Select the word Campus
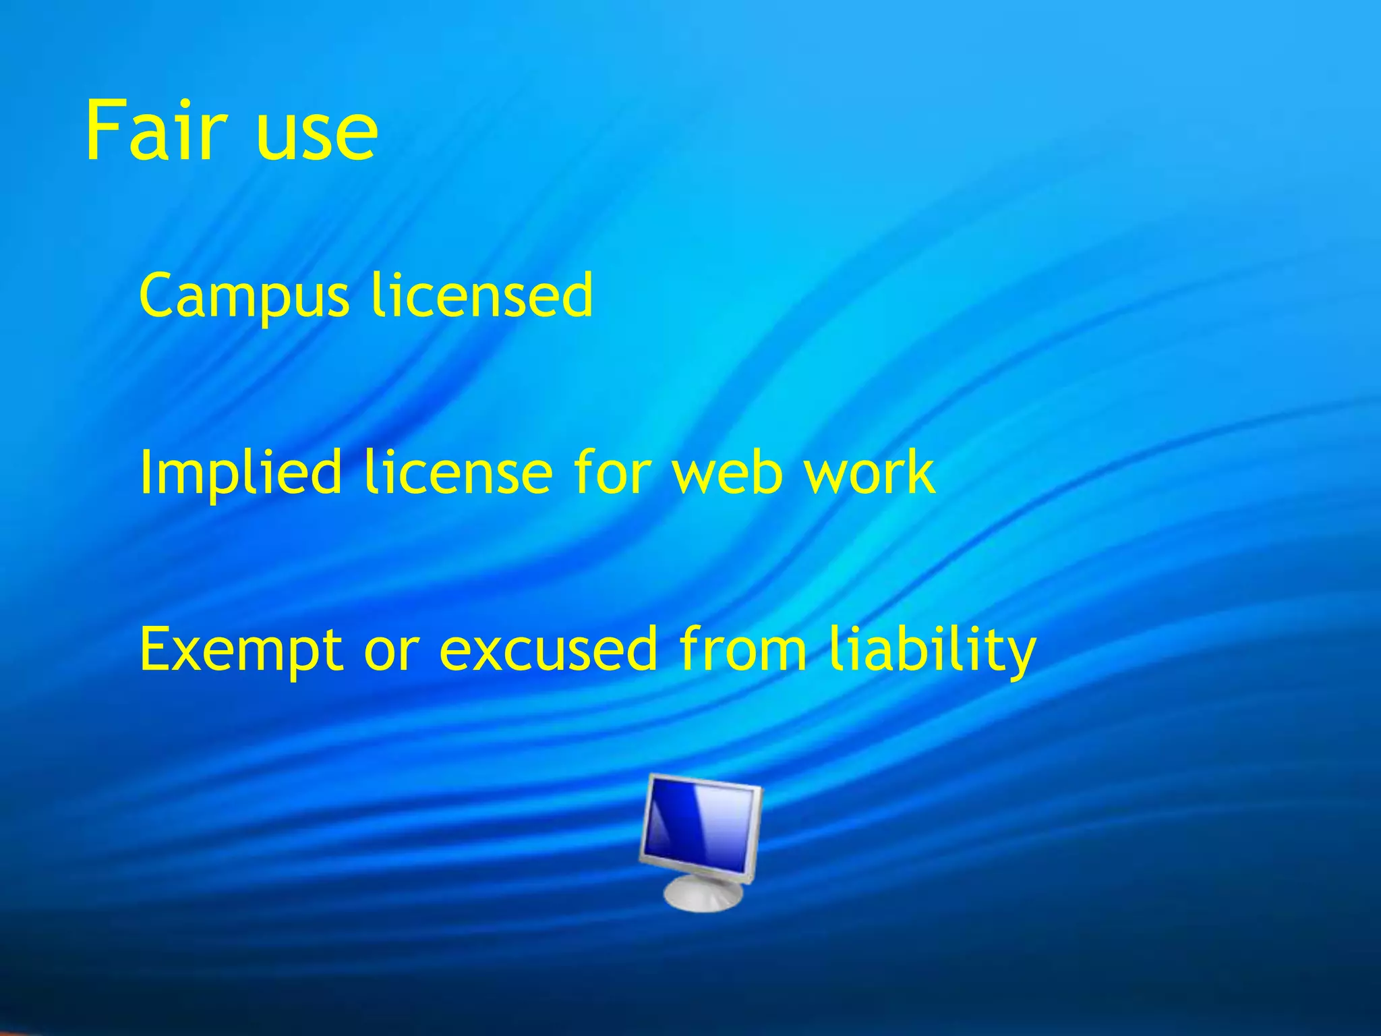coord(243,297)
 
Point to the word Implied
coord(241,473)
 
